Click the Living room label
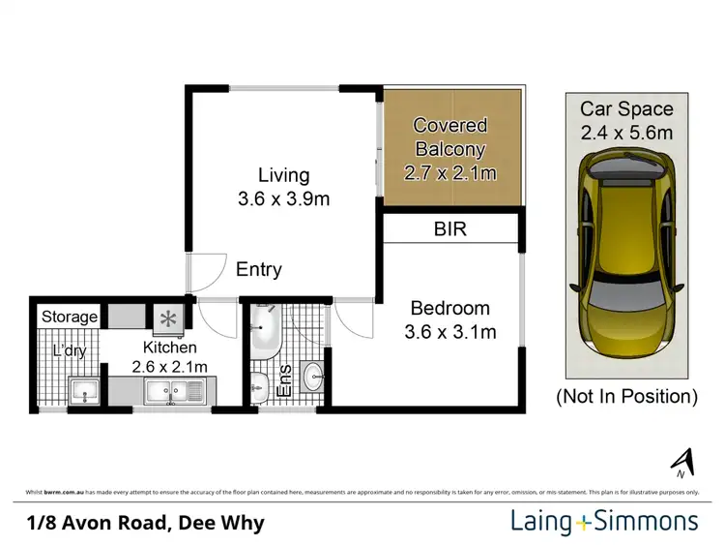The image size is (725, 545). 283,188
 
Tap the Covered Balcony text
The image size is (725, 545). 449,149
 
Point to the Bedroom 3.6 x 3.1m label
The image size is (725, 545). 449,320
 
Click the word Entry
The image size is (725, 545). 258,270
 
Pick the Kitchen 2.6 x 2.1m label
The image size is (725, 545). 170,356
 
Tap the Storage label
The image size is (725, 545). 69,317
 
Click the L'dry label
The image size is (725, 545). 68,350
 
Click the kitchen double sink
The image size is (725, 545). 172,392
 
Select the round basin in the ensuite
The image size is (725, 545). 313,376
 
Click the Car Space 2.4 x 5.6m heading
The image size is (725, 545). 626,121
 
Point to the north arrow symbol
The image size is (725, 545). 682,464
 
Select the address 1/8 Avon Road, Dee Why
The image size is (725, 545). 145,524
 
